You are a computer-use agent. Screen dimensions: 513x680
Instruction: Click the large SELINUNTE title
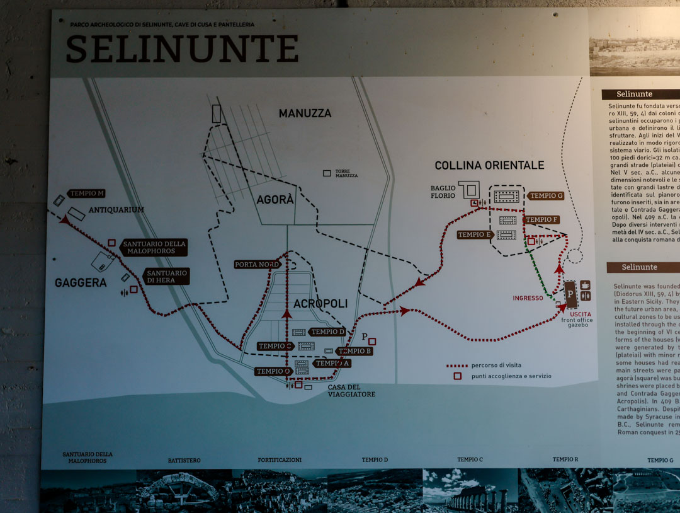coord(182,49)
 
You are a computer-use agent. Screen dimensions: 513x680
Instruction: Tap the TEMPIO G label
coord(546,196)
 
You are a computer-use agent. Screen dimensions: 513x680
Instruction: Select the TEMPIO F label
coord(541,219)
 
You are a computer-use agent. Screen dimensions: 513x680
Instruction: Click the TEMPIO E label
coord(475,235)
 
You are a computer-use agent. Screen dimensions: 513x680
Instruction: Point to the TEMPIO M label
coord(87,193)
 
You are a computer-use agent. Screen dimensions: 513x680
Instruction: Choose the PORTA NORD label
coord(257,264)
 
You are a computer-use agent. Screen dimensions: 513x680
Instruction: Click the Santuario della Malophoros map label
coord(154,247)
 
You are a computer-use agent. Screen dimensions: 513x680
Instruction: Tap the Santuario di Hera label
coord(167,277)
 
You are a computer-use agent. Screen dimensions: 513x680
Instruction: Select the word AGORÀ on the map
coord(275,200)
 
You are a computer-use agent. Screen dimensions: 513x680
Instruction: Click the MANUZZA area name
coord(305,113)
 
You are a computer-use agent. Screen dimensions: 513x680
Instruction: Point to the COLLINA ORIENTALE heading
coord(489,165)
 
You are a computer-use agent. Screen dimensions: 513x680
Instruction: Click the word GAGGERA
coord(81,283)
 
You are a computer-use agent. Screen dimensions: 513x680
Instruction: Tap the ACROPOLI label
coord(320,303)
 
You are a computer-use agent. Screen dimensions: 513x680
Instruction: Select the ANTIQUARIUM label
coord(116,210)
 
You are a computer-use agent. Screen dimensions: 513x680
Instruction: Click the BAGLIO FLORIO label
coord(443,192)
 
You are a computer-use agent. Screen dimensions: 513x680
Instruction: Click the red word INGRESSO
coord(528,298)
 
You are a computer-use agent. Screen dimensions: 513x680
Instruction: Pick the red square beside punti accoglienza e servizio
coord(457,376)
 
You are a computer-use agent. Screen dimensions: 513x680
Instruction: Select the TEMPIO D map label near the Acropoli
coord(327,332)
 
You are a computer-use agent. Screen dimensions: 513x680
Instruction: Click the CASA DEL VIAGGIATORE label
coord(351,390)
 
